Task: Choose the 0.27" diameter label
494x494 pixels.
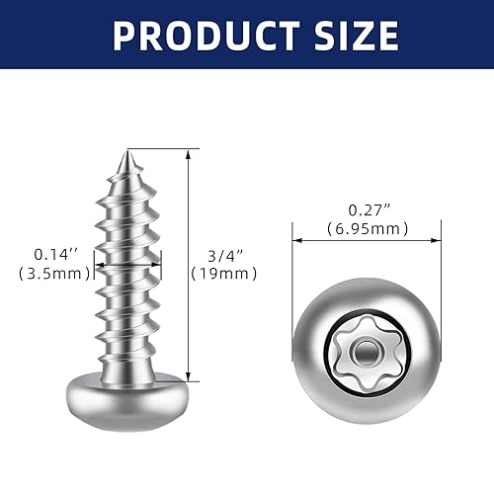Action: coord(366,209)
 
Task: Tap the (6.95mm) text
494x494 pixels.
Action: coord(366,228)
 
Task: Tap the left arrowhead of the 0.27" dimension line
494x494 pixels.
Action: coord(296,238)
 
